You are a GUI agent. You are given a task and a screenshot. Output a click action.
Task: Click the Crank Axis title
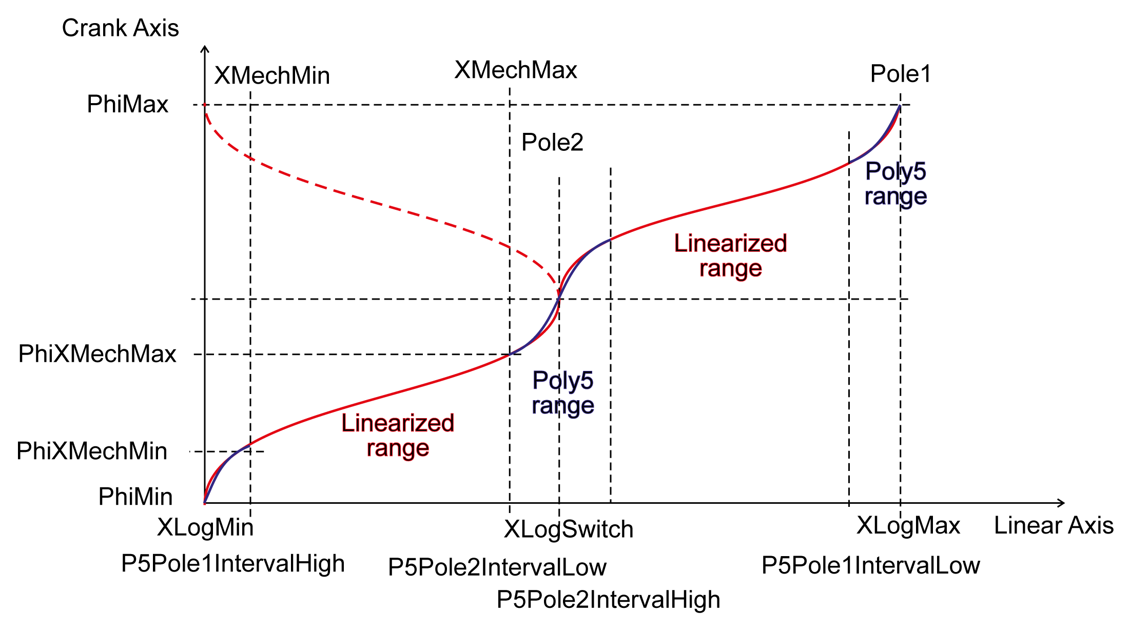[120, 28]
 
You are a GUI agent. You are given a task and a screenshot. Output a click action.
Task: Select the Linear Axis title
[1054, 526]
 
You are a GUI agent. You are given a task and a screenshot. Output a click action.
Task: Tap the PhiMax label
[127, 105]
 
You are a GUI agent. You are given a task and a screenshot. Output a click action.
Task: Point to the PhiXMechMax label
[97, 354]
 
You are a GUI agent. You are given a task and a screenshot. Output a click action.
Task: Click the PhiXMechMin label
[92, 451]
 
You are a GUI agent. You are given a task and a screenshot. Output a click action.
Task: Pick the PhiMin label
[135, 497]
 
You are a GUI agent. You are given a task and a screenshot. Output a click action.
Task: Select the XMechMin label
[272, 76]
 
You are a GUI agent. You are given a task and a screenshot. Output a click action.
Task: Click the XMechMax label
[516, 70]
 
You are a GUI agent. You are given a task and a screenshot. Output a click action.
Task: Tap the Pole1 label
[901, 74]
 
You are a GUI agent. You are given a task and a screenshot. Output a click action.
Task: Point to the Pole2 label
[552, 143]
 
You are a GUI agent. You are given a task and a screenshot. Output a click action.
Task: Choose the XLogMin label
[205, 527]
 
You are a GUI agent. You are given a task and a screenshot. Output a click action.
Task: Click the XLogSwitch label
[569, 529]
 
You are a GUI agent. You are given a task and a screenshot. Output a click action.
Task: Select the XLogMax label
[908, 526]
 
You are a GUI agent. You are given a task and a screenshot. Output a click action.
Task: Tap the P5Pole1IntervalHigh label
[233, 564]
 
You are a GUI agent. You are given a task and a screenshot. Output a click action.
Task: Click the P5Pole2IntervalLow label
[497, 567]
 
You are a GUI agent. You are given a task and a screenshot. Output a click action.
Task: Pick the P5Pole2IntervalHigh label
[608, 600]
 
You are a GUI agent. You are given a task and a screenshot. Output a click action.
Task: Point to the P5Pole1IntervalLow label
[871, 566]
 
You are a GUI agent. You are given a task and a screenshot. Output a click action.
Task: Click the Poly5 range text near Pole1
[895, 184]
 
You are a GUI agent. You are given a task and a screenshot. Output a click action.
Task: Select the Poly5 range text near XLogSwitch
[563, 393]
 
